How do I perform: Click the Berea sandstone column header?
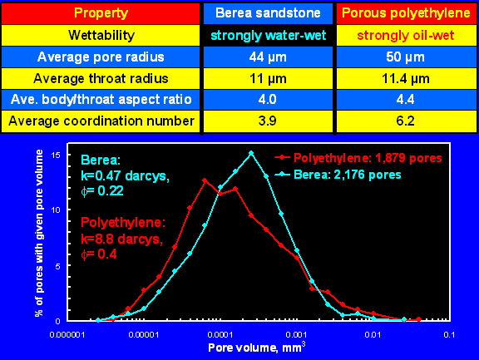[268, 13]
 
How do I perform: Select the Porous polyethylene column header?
[406, 13]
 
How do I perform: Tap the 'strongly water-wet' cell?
[269, 36]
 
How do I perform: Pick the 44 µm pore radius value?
[268, 57]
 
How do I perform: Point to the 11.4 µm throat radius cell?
[405, 79]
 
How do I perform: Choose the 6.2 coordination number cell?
[405, 121]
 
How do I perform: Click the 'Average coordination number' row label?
[101, 121]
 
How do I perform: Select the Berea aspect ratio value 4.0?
[267, 100]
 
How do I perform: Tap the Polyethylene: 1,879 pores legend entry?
[358, 158]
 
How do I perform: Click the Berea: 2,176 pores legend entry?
[338, 175]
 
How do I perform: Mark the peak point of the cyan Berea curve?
[251, 153]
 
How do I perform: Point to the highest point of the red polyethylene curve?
[205, 180]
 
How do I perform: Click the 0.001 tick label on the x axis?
[296, 335]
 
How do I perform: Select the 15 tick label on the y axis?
[56, 155]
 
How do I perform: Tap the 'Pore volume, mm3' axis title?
[257, 348]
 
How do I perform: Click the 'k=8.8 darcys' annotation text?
[121, 239]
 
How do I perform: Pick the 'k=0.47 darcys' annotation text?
[125, 176]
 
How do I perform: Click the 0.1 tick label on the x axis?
[449, 335]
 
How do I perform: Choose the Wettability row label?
[101, 36]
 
